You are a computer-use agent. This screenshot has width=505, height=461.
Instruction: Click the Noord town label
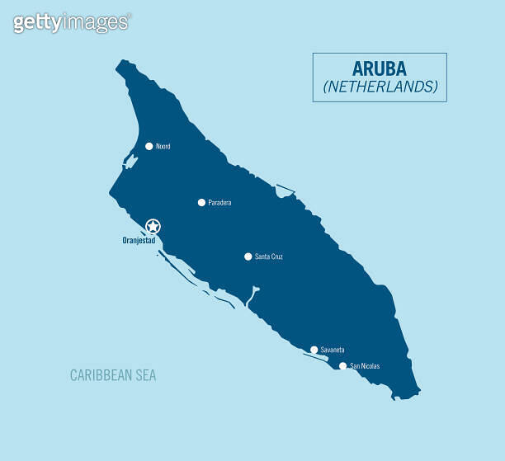(x=163, y=147)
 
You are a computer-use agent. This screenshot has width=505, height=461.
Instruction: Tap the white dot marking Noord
(x=149, y=146)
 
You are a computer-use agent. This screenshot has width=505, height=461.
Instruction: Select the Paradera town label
(x=219, y=202)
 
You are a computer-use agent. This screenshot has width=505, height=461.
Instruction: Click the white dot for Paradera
(x=201, y=202)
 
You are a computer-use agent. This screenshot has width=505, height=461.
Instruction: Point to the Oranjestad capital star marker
(x=153, y=226)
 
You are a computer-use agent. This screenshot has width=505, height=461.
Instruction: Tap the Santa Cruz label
(x=269, y=256)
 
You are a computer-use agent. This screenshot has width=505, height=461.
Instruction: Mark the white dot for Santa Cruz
(x=248, y=256)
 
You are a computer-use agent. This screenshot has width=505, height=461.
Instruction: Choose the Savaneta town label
(x=333, y=350)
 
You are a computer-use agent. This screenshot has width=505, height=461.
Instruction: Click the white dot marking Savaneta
(x=314, y=350)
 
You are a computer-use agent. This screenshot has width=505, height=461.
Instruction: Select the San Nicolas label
(x=365, y=366)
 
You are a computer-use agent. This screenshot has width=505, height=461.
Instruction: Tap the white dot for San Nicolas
(x=343, y=365)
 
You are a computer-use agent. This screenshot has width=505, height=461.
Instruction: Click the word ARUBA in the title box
(x=379, y=68)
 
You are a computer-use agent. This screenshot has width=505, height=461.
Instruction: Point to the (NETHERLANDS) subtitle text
(x=380, y=86)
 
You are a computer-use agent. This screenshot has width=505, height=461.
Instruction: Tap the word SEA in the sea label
(x=144, y=376)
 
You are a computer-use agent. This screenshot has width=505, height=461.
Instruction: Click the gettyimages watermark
(x=71, y=22)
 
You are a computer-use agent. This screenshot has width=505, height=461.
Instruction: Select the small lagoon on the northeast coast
(x=286, y=191)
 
